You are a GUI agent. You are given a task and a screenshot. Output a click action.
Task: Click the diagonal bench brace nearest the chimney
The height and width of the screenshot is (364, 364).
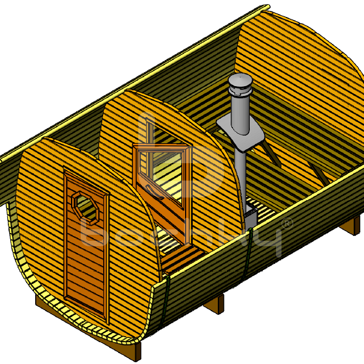click(271, 154)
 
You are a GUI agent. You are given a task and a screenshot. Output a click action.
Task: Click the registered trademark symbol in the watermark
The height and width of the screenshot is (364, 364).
click(287, 224)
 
